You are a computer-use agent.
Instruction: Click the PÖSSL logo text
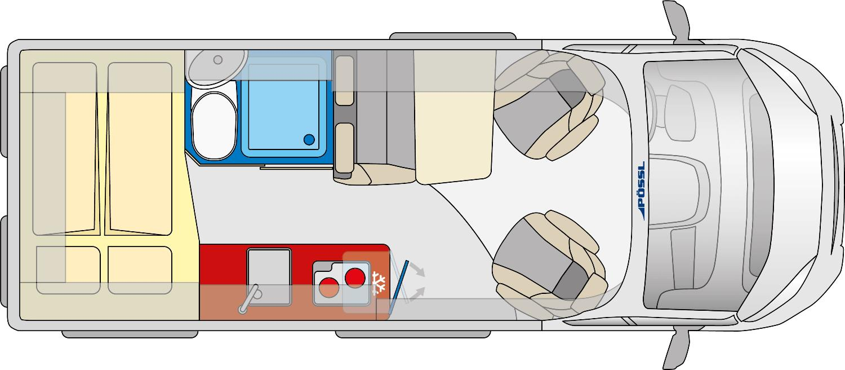click(641, 191)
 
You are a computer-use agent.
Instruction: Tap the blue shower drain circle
click(309, 140)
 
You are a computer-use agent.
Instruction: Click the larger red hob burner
click(355, 278)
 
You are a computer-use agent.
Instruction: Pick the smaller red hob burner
click(328, 287)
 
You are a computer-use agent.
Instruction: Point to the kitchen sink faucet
click(250, 299)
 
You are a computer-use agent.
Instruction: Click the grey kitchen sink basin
click(269, 276)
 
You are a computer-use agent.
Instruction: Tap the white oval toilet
click(214, 126)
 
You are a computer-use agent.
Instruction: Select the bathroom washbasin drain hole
click(217, 60)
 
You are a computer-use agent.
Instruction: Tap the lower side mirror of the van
click(677, 351)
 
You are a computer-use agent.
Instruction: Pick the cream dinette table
click(454, 117)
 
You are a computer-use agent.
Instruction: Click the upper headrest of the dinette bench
click(344, 81)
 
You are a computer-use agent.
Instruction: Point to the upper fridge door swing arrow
click(418, 270)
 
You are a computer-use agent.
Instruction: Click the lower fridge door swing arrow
click(417, 294)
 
